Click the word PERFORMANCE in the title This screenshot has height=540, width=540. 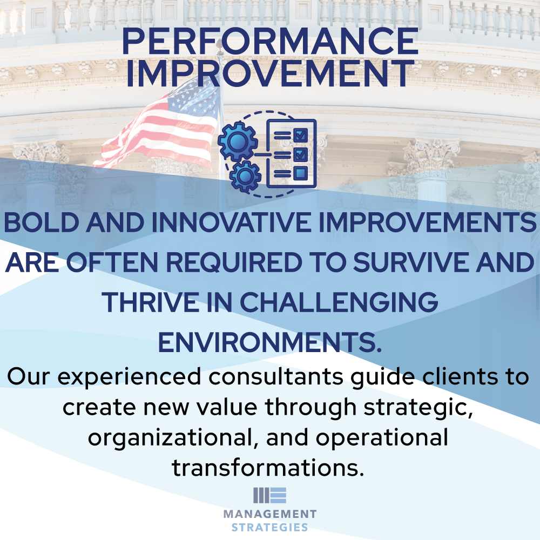coord(270,42)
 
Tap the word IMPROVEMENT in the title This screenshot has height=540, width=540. coord(270,74)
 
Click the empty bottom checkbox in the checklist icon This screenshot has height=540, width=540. coord(301,173)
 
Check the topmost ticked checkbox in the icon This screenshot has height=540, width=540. coord(301,133)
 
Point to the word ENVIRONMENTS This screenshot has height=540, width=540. coord(270,341)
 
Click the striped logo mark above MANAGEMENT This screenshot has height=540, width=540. coord(269,495)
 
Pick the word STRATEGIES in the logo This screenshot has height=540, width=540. coord(269,528)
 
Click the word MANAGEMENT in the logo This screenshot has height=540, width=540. coord(269,514)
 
